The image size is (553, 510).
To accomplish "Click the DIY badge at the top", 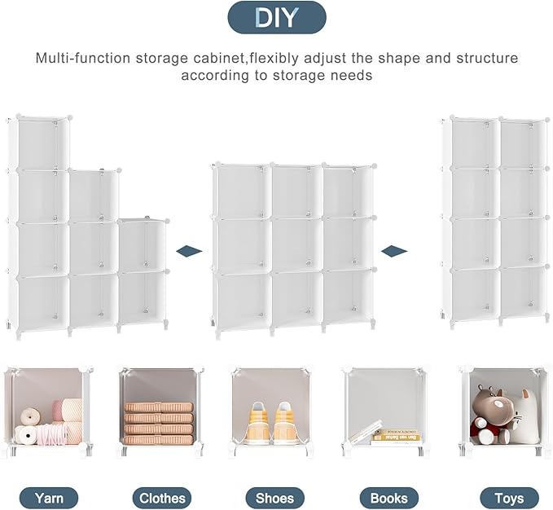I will pyautogui.click(x=276, y=17).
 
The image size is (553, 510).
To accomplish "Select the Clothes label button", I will pyautogui.click(x=162, y=497).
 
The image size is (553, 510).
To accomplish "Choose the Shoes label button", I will pyautogui.click(x=274, y=497).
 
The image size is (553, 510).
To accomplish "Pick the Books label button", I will pyautogui.click(x=388, y=497).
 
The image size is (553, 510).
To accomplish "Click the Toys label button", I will pyautogui.click(x=509, y=497).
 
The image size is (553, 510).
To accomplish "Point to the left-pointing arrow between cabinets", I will pyautogui.click(x=189, y=251).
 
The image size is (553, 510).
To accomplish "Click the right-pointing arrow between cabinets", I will pyautogui.click(x=395, y=250).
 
